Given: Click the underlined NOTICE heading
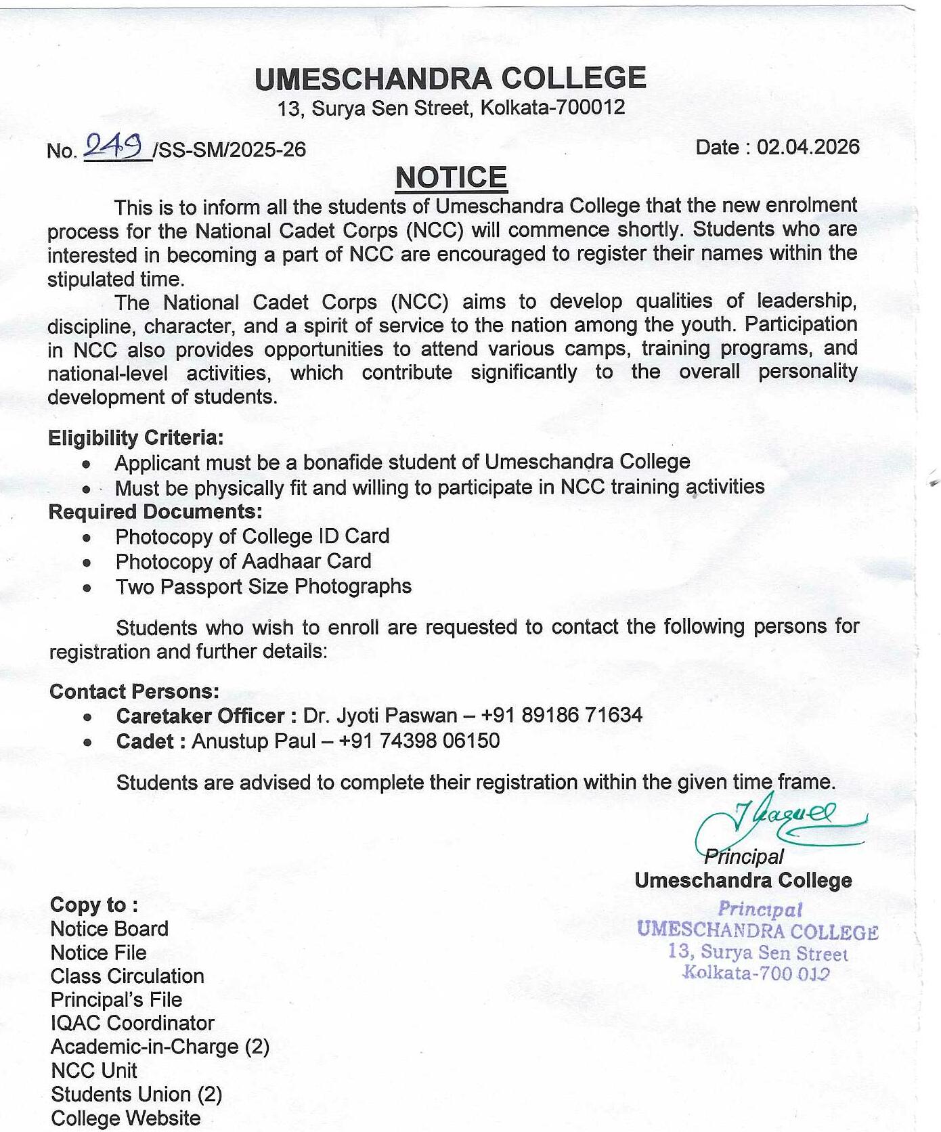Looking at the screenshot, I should [451, 178].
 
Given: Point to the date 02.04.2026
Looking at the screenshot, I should [808, 147].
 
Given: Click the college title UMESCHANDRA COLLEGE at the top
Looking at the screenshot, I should [450, 79].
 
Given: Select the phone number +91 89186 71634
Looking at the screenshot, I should [561, 715].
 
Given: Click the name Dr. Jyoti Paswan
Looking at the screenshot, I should [380, 716].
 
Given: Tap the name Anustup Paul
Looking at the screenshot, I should [253, 741].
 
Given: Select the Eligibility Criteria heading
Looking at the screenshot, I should [135, 438].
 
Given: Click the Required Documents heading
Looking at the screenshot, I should [155, 511].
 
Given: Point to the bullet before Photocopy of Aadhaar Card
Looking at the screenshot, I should [87, 563].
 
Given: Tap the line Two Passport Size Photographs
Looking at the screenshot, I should [263, 586].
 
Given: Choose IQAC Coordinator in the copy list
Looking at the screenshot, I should [132, 1022].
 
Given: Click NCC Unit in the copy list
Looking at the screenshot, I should [93, 1070].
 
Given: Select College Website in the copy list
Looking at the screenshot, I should [125, 1118].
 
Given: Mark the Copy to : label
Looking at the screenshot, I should [94, 905].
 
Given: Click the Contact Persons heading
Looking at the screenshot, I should [134, 691].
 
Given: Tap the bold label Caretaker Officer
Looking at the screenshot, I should [200, 716].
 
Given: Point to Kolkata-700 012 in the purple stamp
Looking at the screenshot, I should [756, 974].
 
